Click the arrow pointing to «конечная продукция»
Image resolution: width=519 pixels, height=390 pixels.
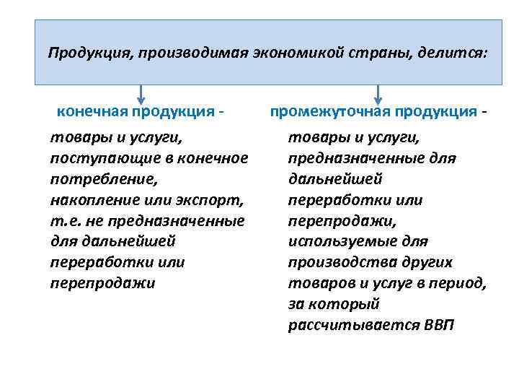tap(141, 93)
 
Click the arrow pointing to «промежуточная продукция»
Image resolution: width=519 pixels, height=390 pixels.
tap(378, 93)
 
